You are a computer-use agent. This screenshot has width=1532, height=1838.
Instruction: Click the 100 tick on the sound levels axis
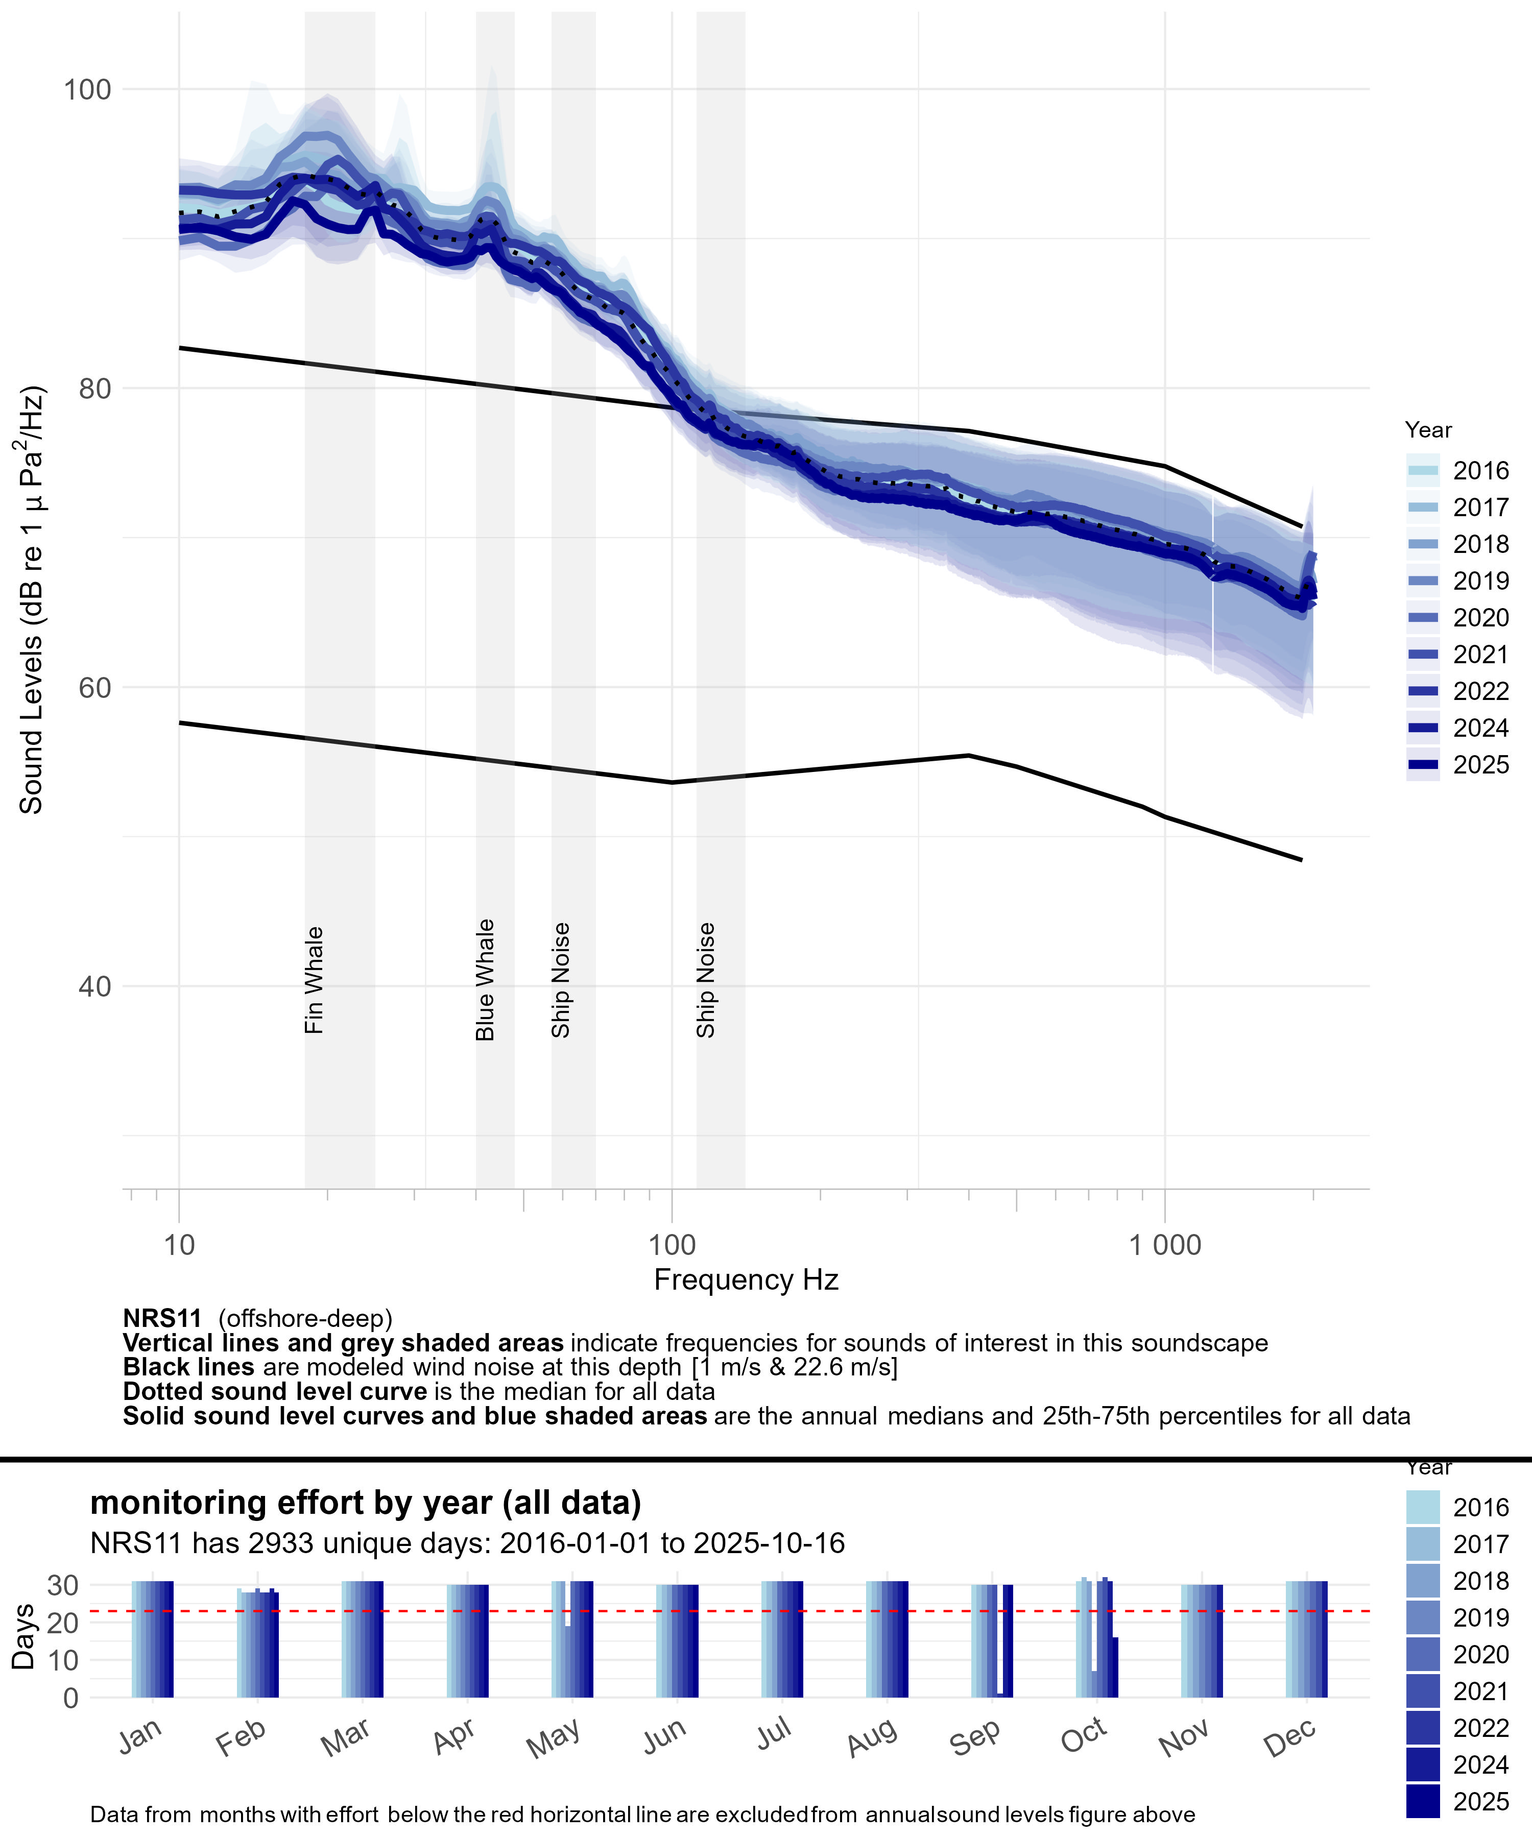click(x=87, y=89)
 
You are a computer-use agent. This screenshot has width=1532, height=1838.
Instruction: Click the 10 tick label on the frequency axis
click(x=179, y=1245)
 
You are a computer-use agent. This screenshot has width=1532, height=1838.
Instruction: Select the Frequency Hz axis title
click(x=746, y=1279)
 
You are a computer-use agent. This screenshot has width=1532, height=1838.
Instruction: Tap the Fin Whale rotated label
click(x=314, y=980)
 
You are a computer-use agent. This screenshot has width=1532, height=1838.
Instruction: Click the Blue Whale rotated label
click(x=485, y=980)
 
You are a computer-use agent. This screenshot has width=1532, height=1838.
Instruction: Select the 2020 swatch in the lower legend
click(x=1423, y=1654)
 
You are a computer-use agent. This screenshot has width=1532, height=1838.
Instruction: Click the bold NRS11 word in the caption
click(x=162, y=1318)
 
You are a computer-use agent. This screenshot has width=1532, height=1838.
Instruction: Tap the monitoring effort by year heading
click(x=365, y=1503)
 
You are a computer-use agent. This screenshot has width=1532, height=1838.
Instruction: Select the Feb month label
click(x=241, y=1737)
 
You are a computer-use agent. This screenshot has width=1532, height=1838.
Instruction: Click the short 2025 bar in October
click(x=1114, y=1668)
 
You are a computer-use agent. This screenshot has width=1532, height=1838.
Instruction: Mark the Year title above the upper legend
click(x=1428, y=430)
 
